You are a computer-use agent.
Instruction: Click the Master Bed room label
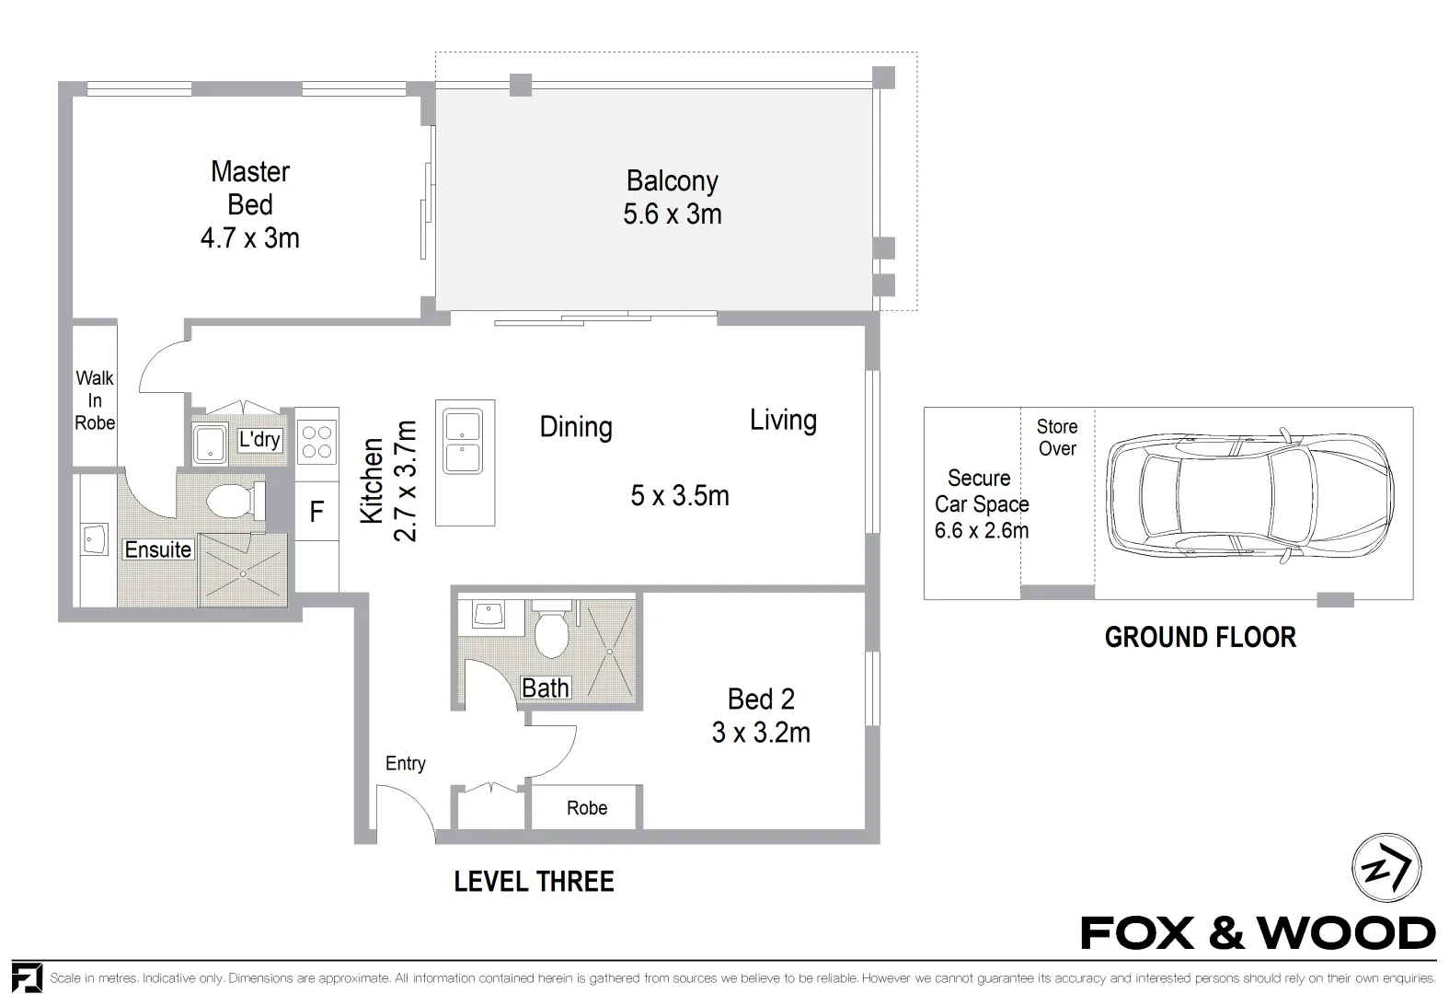click(250, 188)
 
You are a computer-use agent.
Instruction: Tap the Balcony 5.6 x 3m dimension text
click(673, 214)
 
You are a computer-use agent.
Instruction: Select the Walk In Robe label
click(95, 400)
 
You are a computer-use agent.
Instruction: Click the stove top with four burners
click(317, 440)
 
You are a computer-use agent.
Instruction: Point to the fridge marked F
click(316, 512)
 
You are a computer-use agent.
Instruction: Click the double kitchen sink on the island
click(465, 442)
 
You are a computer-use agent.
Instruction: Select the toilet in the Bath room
click(552, 633)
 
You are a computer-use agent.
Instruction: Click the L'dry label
click(259, 439)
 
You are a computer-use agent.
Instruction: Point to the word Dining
click(576, 427)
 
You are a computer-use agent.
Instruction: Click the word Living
click(783, 421)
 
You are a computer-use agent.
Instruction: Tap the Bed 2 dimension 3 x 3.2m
click(761, 733)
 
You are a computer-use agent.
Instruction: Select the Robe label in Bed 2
click(587, 808)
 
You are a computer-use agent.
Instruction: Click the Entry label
click(406, 763)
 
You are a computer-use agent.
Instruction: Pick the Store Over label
click(1056, 437)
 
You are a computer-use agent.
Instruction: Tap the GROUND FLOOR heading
click(1200, 637)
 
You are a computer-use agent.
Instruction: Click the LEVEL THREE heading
click(534, 882)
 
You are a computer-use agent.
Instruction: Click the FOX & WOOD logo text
click(1258, 933)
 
